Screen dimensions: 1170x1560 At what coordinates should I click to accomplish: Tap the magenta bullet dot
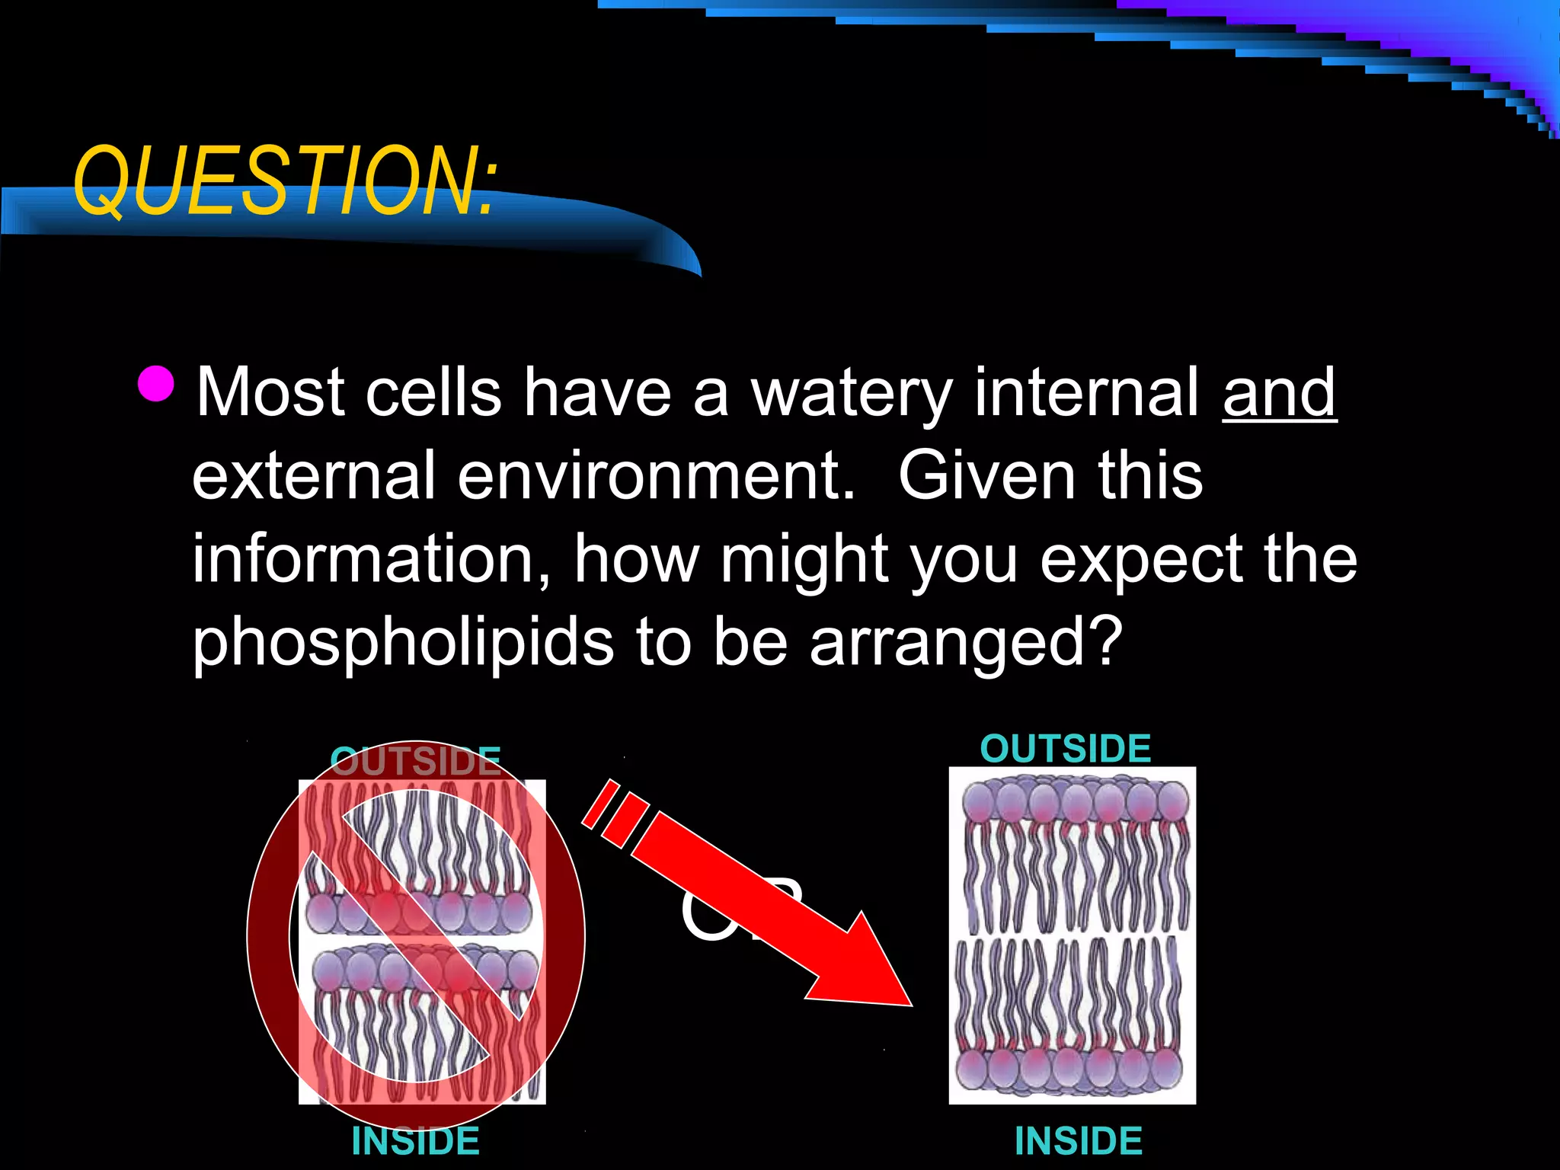pyautogui.click(x=157, y=383)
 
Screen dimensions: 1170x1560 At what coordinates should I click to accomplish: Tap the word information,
pyautogui.click(x=371, y=560)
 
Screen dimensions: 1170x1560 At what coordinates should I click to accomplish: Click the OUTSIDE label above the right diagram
pyautogui.click(x=1065, y=749)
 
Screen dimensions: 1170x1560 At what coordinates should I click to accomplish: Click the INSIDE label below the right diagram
pyautogui.click(x=1078, y=1141)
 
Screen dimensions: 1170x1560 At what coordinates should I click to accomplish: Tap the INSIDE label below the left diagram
pyautogui.click(x=415, y=1141)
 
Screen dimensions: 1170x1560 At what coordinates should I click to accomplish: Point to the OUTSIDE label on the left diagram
pyautogui.click(x=415, y=760)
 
